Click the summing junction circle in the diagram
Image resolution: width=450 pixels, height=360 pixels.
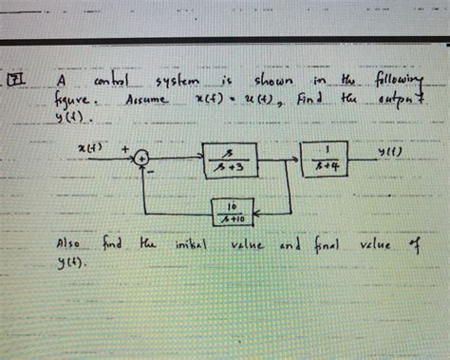[141, 159]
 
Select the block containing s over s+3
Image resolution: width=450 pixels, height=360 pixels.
[230, 160]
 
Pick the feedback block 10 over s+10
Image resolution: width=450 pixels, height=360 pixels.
[233, 210]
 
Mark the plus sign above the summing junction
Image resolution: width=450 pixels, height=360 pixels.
[124, 148]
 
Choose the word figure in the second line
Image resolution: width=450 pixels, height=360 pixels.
[75, 100]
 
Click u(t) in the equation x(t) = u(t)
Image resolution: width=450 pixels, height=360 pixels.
[247, 100]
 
